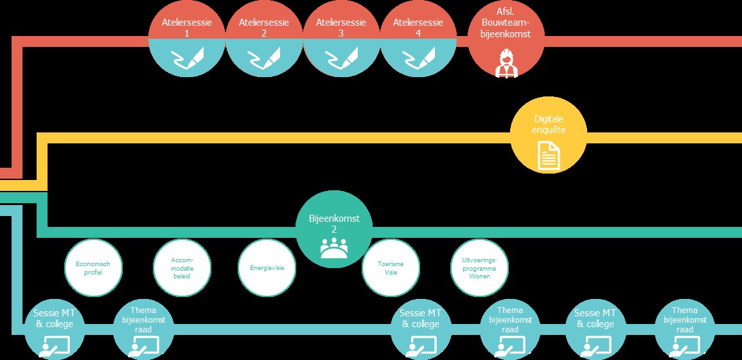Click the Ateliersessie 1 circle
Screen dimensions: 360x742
(186, 40)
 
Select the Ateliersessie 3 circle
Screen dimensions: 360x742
(341, 40)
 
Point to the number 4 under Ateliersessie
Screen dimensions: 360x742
(418, 33)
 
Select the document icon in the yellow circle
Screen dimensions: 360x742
(549, 156)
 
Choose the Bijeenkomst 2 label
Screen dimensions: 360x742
(334, 224)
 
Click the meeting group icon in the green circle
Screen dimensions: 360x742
(333, 248)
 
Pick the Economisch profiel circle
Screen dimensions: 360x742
(93, 268)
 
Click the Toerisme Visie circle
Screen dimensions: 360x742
(391, 268)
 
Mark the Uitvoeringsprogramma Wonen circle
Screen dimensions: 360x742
(479, 268)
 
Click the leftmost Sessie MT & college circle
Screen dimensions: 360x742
(53, 328)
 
